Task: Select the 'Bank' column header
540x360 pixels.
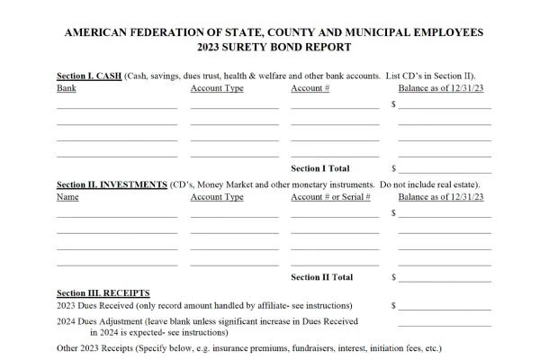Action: (66, 88)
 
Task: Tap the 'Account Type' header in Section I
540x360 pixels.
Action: (217, 88)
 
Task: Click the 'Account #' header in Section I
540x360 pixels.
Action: (310, 88)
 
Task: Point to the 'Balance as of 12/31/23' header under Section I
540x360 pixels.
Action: (441, 88)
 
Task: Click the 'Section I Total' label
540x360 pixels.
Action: (320, 168)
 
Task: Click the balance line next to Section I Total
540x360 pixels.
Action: (445, 171)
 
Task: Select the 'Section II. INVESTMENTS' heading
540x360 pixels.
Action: (112, 184)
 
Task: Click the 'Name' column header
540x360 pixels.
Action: (67, 197)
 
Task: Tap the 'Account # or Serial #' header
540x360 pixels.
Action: (331, 197)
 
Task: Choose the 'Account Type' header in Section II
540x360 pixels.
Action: (217, 197)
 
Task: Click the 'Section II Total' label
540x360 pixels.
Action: (322, 277)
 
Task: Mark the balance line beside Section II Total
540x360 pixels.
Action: (445, 280)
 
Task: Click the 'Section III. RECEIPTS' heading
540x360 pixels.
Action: (103, 292)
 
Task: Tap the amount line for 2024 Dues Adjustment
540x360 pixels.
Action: (445, 324)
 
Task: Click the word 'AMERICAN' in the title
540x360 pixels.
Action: (99, 32)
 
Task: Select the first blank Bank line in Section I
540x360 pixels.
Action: (117, 107)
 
